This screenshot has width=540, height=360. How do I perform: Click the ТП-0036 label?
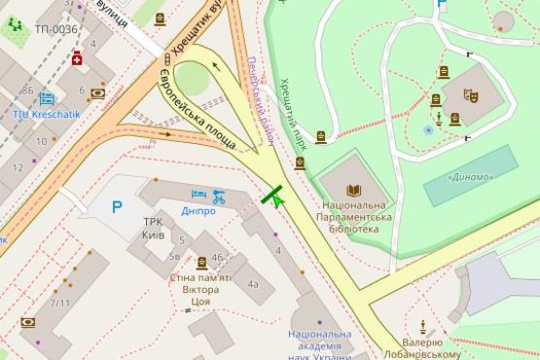point(55,29)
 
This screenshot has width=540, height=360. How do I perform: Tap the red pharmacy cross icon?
point(77,58)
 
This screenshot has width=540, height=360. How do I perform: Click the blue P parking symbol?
point(117,206)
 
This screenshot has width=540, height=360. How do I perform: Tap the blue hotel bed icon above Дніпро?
point(198,195)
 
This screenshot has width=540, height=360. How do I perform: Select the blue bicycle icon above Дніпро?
point(219,195)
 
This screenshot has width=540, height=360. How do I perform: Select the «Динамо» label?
point(470,177)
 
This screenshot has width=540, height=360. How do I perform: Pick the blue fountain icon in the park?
point(428,129)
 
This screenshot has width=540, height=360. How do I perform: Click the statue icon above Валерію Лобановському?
point(423,327)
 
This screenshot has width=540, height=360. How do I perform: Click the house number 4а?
point(252,284)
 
